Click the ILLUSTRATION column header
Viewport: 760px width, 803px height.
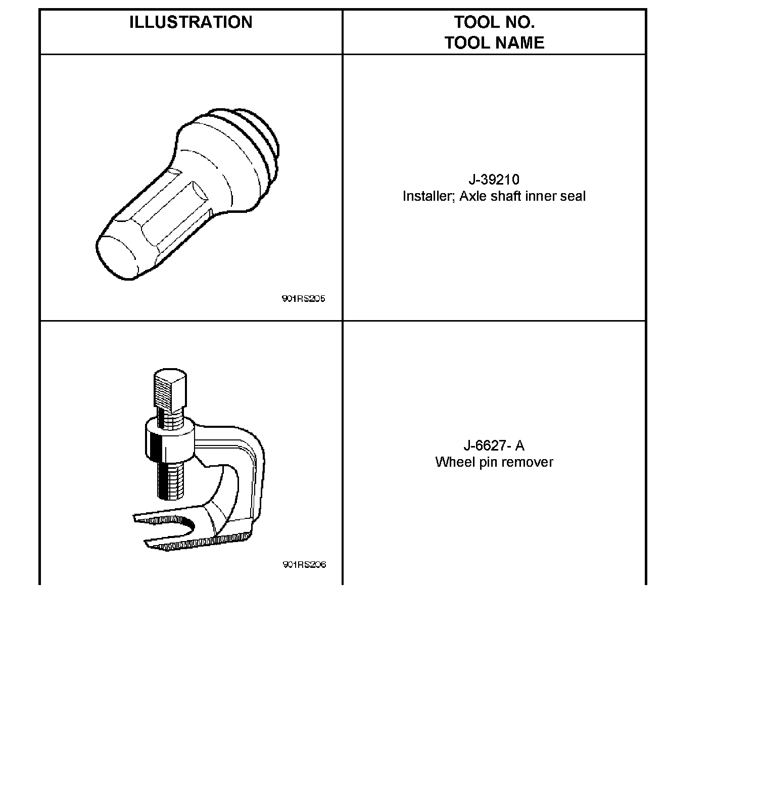[191, 22]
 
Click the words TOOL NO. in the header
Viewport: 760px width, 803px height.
[494, 22]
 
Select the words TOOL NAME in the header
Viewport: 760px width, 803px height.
[494, 42]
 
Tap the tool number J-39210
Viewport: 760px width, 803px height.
[494, 180]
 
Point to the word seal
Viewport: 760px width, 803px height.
[573, 196]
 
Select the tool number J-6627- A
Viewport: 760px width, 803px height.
[494, 445]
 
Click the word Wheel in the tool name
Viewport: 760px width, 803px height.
[451, 462]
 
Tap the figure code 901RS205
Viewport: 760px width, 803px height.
[303, 299]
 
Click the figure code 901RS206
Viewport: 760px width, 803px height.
[304, 565]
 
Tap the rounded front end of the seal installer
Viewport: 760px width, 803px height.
[117, 256]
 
